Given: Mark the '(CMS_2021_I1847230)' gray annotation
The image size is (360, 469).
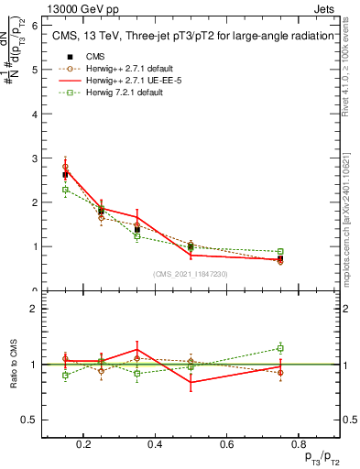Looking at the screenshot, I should coord(191,274).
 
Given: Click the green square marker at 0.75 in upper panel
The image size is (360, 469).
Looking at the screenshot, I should coord(280,251).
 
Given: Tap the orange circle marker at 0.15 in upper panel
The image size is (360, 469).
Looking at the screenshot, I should coord(65,167).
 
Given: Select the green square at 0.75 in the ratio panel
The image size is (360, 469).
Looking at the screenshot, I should coord(280,348).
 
